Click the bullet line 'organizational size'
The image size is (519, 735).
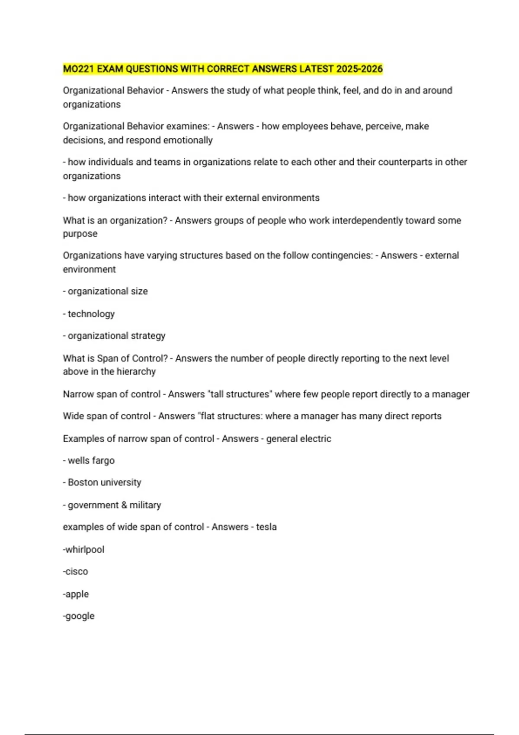click(107, 291)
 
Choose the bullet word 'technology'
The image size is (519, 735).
click(91, 314)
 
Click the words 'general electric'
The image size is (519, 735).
click(298, 439)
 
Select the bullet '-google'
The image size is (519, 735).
click(79, 616)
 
